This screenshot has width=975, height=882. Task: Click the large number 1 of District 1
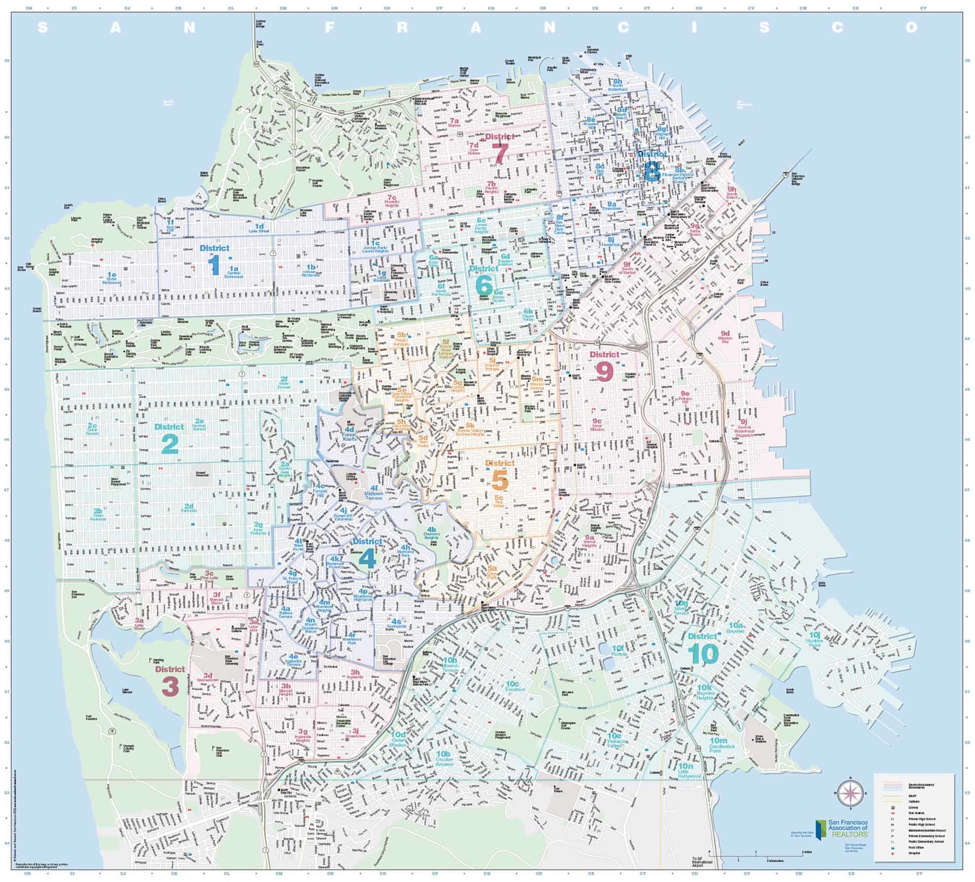click(x=214, y=265)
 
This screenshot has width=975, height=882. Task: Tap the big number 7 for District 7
click(x=500, y=153)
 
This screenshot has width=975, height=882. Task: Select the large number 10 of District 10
click(x=703, y=654)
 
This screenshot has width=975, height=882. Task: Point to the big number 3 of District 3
click(x=170, y=687)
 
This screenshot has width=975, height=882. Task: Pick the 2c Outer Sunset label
click(x=92, y=429)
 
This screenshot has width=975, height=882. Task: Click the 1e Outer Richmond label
click(x=112, y=278)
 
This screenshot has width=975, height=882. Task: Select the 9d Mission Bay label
click(x=725, y=337)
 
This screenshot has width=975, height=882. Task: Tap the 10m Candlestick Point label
click(x=722, y=744)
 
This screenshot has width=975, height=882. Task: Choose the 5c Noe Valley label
click(x=499, y=502)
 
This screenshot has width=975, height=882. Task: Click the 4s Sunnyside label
click(x=397, y=624)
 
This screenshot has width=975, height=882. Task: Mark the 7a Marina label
click(x=454, y=122)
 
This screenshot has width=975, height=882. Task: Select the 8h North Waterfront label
click(x=617, y=85)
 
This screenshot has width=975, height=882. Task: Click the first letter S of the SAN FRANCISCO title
click(x=43, y=27)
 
